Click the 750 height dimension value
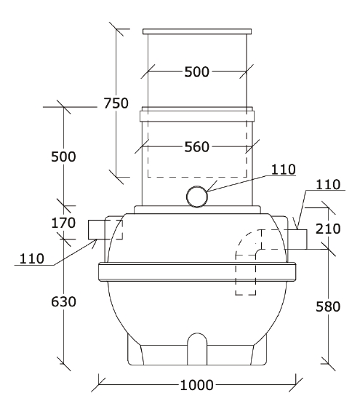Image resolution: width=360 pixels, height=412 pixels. (x=116, y=103)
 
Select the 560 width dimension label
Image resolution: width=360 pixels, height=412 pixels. (x=197, y=146)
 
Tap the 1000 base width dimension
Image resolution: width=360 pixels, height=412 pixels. (x=196, y=385)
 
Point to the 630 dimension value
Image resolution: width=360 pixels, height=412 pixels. (x=63, y=301)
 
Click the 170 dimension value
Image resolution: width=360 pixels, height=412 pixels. (x=63, y=223)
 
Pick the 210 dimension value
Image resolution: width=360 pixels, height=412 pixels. (x=328, y=229)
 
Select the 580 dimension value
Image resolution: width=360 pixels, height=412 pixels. (x=328, y=306)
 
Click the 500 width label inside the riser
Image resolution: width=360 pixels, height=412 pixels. (x=197, y=72)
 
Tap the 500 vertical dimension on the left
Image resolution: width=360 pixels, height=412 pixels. (x=63, y=157)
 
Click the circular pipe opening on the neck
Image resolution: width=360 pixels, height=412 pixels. (x=197, y=197)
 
